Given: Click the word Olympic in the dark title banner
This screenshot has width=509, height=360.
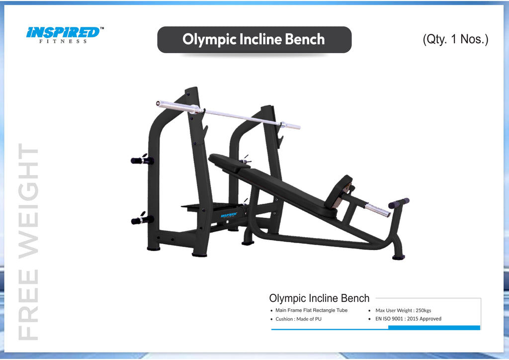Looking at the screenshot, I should (x=209, y=39).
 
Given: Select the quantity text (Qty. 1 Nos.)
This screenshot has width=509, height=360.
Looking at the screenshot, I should (x=455, y=39).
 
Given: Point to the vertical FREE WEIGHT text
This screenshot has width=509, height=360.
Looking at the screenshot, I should (x=28, y=242).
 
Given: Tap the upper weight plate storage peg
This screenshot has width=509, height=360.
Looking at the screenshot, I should (x=142, y=160).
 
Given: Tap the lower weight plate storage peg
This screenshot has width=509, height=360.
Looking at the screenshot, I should (x=142, y=219).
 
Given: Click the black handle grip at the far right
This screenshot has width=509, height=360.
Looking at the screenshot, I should (x=399, y=203).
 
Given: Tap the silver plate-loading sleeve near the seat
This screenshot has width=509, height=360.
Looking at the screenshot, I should (x=378, y=210).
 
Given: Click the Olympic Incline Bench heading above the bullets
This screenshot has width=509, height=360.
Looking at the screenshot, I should (x=319, y=298).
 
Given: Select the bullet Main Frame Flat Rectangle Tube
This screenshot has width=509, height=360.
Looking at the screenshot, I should (x=311, y=310).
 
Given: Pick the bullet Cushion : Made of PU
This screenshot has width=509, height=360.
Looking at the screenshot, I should (x=298, y=319).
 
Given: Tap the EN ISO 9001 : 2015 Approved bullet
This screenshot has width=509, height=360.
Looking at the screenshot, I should (x=408, y=319).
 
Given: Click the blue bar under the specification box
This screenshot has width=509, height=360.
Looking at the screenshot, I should (x=433, y=328).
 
